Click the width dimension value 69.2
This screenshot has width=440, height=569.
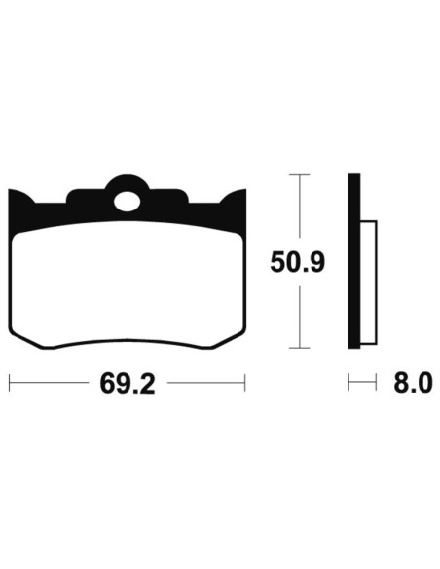pos(127,384)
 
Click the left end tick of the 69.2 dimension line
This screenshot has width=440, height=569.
pos(9,383)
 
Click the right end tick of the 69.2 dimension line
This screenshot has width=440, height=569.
pos(245,383)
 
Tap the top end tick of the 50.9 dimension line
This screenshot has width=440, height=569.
pos(300,175)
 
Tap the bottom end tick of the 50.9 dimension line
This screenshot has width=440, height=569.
pos(300,349)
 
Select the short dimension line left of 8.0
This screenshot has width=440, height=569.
pos(361,383)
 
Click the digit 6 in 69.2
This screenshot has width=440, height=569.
pos(107,384)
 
